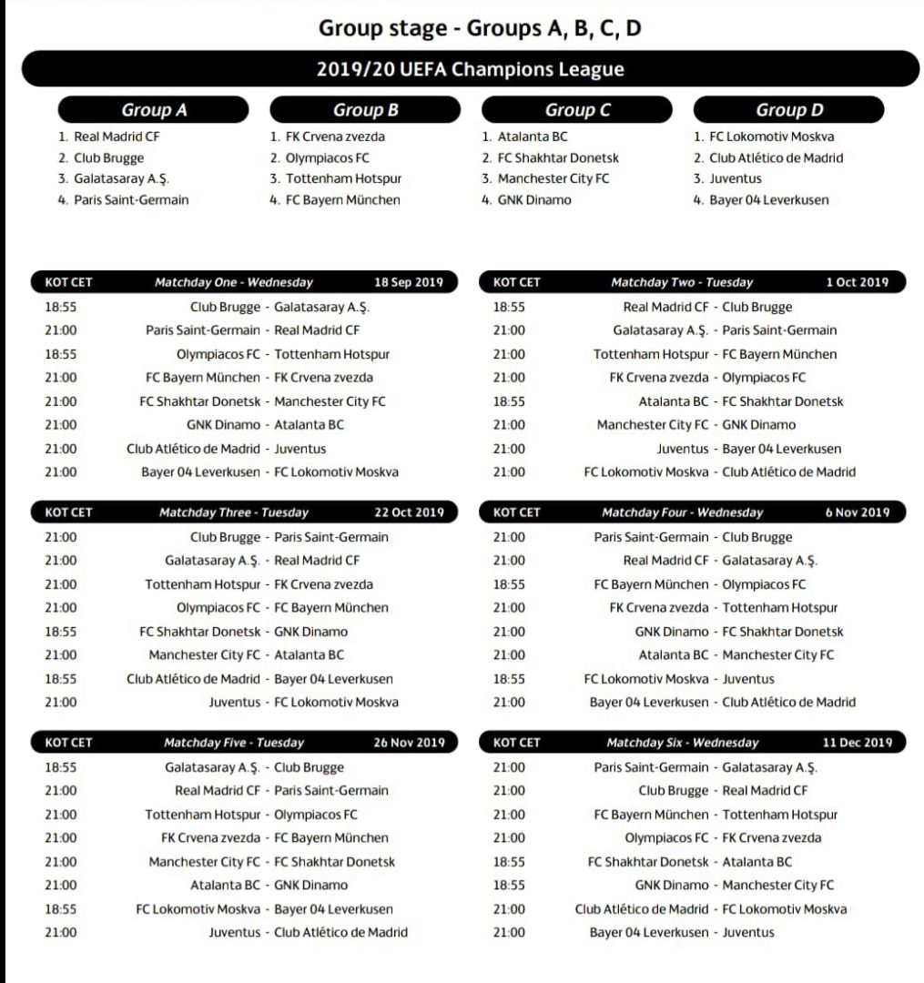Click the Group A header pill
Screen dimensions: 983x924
coord(154,110)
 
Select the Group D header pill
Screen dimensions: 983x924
coord(788,110)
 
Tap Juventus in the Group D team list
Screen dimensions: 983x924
coord(735,178)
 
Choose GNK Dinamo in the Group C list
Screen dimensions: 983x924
coord(534,199)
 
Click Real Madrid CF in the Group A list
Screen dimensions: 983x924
coord(117,137)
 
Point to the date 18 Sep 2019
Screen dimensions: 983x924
coord(409,282)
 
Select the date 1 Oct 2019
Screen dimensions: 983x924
coord(857,282)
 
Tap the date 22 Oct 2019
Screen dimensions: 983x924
coord(409,512)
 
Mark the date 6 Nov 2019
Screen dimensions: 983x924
coord(858,512)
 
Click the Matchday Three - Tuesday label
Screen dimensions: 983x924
coord(234,512)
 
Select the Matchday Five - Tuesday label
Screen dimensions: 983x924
coord(234,743)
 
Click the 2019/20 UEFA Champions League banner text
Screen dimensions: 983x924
coord(470,69)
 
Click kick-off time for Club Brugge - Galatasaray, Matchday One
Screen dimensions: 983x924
coord(61,307)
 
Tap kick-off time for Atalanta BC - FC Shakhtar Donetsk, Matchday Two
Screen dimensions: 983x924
coord(509,401)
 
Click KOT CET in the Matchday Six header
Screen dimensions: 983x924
coord(516,743)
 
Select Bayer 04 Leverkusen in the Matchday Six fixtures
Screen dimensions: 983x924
coord(648,932)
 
